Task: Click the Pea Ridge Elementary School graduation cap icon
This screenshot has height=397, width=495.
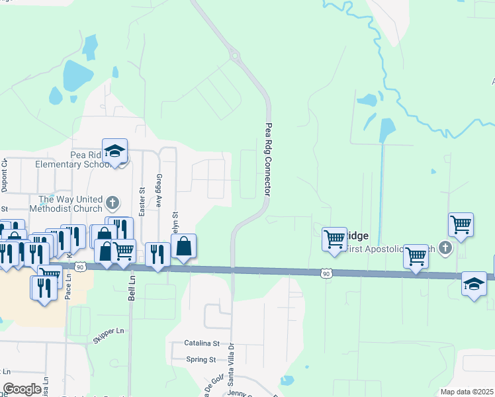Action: pyautogui.click(x=114, y=152)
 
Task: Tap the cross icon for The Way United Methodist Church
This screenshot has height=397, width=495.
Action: pyautogui.click(x=112, y=202)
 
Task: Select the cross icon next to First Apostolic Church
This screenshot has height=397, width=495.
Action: pyautogui.click(x=445, y=248)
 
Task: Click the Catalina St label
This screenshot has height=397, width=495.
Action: pyautogui.click(x=202, y=344)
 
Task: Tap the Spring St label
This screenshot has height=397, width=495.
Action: pyautogui.click(x=202, y=360)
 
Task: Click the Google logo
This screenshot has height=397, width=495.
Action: pyautogui.click(x=22, y=388)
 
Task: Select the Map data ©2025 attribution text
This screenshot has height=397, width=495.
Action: pyautogui.click(x=467, y=392)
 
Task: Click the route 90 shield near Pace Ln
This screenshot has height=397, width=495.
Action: pyautogui.click(x=80, y=267)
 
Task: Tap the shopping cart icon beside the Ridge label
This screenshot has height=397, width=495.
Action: pyautogui.click(x=334, y=238)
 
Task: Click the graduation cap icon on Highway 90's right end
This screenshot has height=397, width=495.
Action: pyautogui.click(x=474, y=284)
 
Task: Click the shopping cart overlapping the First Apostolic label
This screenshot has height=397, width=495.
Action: pyautogui.click(x=416, y=255)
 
